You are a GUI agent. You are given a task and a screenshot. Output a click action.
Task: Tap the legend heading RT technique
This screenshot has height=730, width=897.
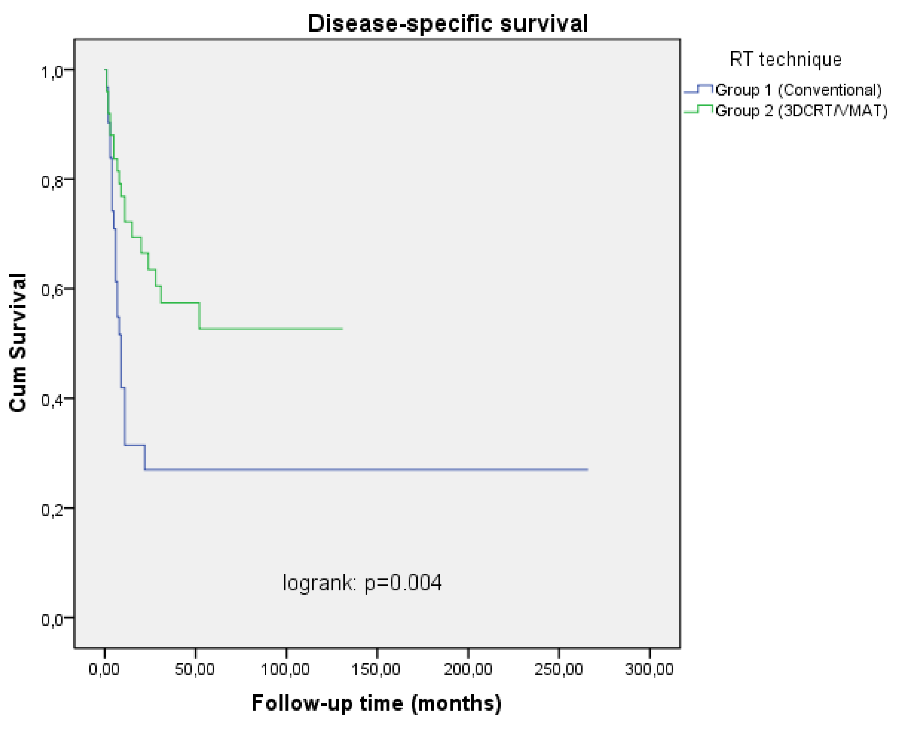[785, 59]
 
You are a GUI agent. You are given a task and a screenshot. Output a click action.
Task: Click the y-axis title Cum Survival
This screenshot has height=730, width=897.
[18, 343]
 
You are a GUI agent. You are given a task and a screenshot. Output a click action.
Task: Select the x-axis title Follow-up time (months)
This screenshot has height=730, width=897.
[377, 703]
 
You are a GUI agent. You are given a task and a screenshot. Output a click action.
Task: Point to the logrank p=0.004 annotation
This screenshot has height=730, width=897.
[362, 583]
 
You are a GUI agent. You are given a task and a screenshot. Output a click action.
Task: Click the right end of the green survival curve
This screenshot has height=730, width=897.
[342, 329]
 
